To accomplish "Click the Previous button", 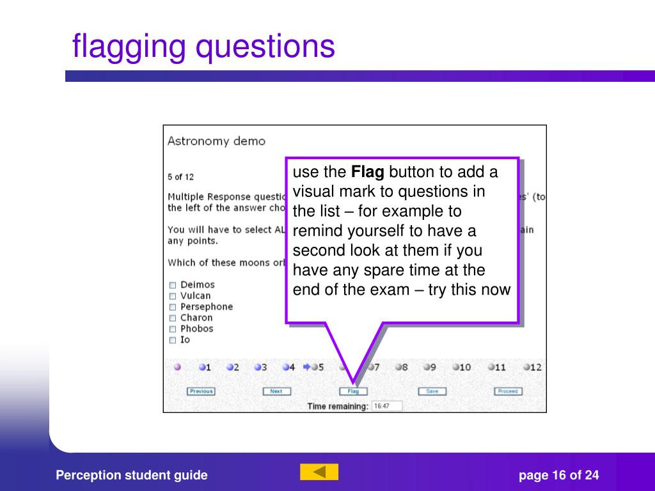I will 201,391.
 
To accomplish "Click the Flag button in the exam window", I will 352,391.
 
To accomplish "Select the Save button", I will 432,391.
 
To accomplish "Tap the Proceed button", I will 507,391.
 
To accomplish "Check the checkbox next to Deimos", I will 172,285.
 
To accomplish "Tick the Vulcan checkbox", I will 172,296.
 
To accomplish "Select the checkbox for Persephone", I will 172,307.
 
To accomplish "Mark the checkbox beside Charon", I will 172,318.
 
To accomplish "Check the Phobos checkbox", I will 172,329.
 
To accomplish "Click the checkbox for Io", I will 172,340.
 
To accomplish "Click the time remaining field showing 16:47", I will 386,406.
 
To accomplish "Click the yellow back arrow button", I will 319,472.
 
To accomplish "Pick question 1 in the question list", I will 204,367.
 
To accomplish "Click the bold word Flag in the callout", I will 368,172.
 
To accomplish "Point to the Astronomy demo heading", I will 216,141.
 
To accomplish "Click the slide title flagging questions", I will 203,47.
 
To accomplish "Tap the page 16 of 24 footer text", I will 558,475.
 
